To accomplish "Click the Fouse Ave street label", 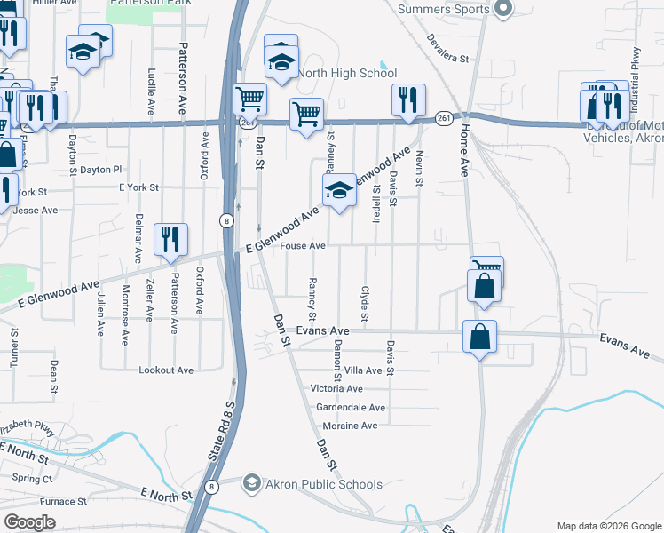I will [x=304, y=246].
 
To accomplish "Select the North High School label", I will [x=347, y=73].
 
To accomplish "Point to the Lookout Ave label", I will [x=166, y=370].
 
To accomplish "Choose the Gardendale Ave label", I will [x=351, y=408].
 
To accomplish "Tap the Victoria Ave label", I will [x=336, y=389].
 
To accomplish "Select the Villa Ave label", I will [x=362, y=370].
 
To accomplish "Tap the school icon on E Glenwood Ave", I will [x=338, y=190].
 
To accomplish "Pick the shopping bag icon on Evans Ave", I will [x=479, y=338].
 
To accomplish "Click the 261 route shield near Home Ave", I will [x=445, y=118].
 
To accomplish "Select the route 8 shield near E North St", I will [x=211, y=487].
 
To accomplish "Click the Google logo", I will [x=29, y=522].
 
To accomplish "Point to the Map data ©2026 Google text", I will [x=608, y=526].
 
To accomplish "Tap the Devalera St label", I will [x=447, y=48].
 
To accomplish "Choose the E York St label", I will [x=138, y=188].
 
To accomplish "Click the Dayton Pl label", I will [x=100, y=169].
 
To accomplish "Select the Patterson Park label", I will [x=142, y=4].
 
